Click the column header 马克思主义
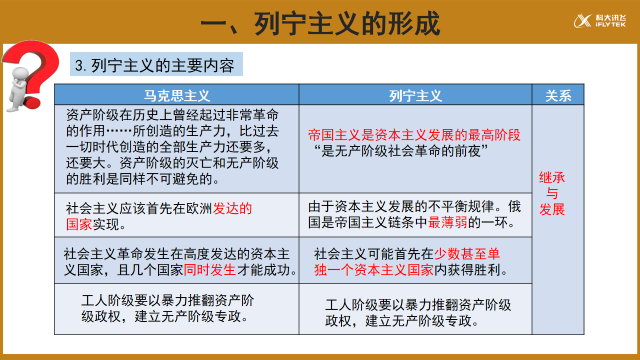[x=178, y=96]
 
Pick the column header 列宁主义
[x=415, y=96]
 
